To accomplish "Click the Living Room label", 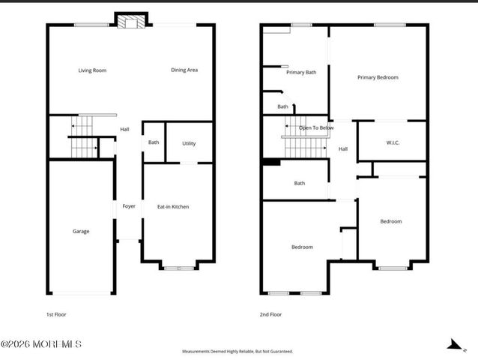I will point(92,70).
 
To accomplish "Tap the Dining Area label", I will point(184,70).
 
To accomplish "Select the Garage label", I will point(81,231).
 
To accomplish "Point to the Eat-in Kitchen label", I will point(172,206).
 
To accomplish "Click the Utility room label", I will point(189,142).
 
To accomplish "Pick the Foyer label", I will point(129,206).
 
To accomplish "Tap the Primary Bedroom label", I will point(377,77).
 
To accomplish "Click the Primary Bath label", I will point(301,73).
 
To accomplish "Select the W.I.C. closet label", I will point(393,142).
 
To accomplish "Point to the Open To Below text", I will point(316,128).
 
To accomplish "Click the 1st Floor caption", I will point(56,314).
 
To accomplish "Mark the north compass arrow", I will point(453,344).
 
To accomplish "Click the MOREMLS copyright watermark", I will point(41,344).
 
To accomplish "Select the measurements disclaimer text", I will point(238,351).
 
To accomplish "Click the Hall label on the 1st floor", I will point(124,130).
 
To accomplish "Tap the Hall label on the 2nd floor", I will point(342,148).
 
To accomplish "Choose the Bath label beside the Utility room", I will point(154,142).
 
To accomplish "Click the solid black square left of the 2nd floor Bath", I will point(271,161).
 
